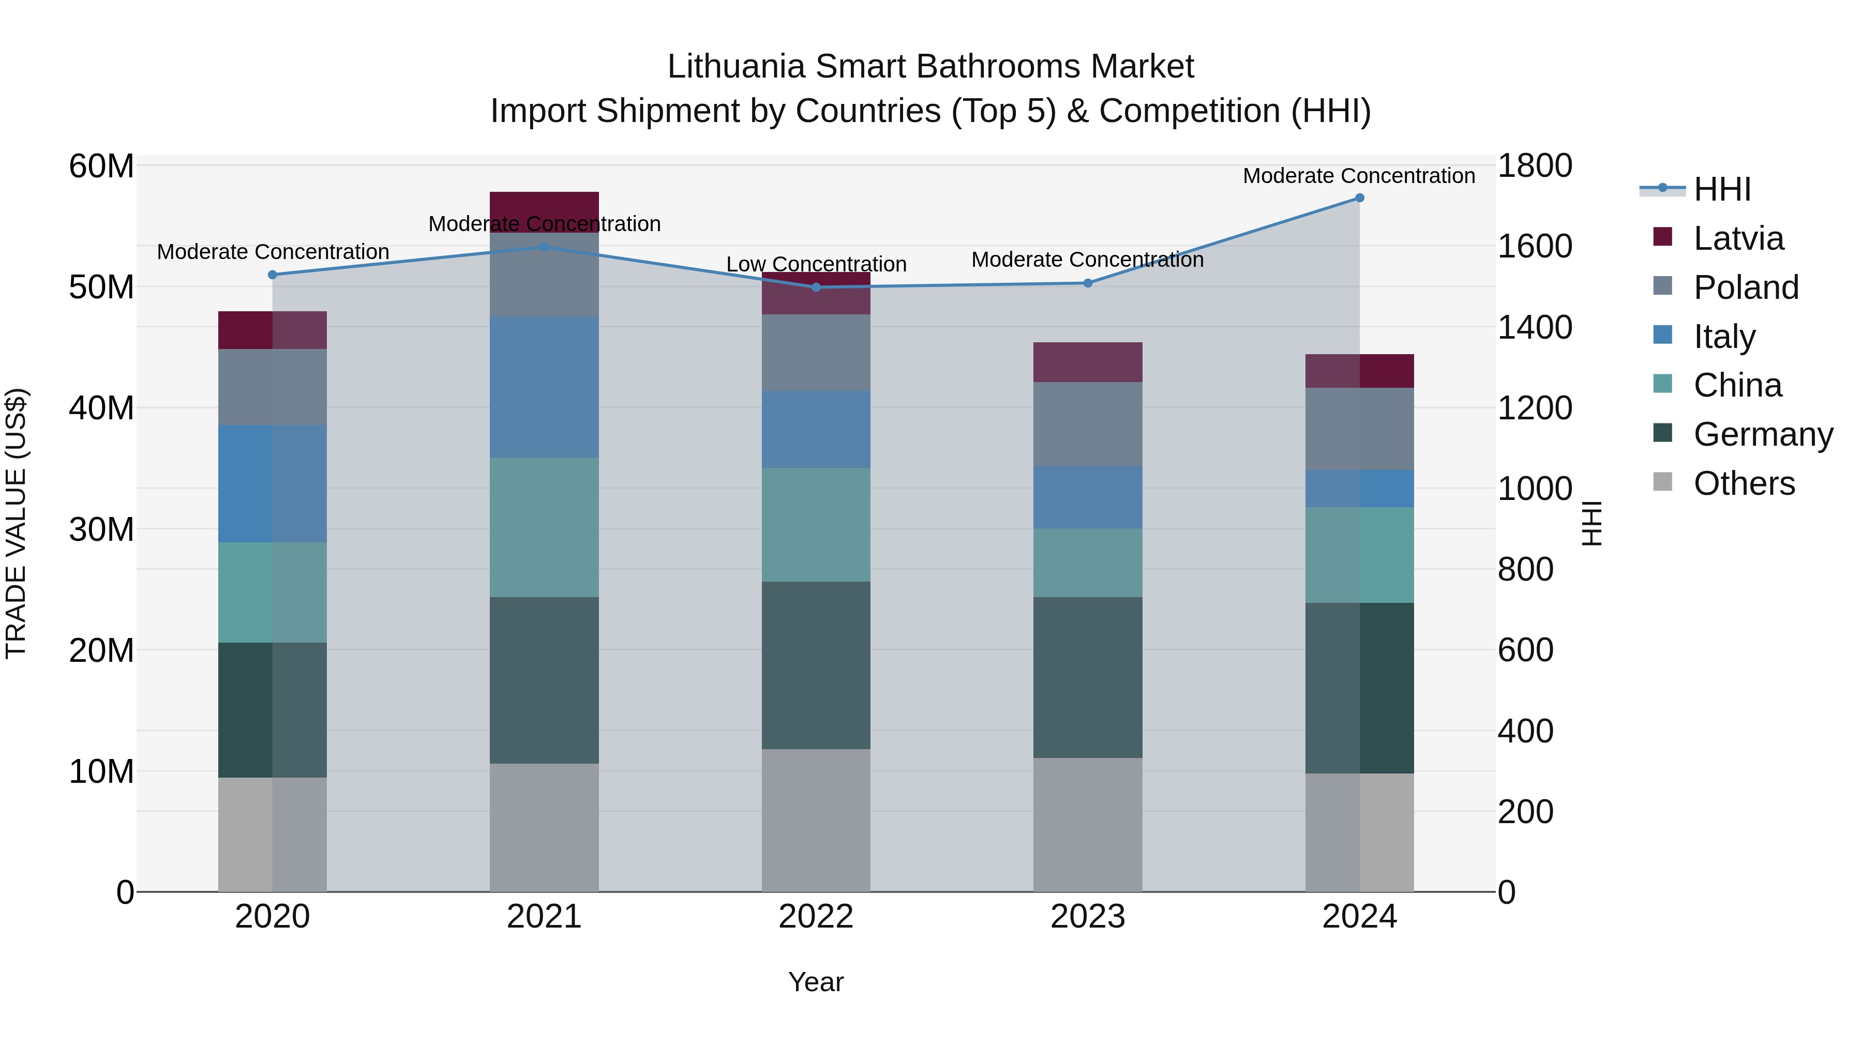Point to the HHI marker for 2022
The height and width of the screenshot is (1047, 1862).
tap(816, 287)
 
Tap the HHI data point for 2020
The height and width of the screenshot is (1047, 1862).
tap(273, 275)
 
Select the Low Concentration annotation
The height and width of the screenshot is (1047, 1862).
tap(816, 264)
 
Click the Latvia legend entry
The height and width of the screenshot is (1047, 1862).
tap(1738, 238)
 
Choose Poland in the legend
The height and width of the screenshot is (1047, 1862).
tap(1746, 287)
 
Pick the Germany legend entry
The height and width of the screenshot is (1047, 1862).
tap(1763, 434)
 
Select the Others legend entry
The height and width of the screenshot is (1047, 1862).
tap(1744, 483)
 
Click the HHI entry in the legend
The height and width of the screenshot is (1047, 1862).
tap(1722, 189)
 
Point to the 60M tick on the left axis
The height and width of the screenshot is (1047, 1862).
tap(101, 166)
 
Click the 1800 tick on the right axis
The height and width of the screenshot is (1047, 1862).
tap(1535, 165)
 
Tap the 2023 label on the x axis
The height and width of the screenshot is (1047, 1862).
tap(1087, 917)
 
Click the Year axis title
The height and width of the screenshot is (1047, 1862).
tap(816, 982)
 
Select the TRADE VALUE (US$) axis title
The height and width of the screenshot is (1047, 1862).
tap(16, 523)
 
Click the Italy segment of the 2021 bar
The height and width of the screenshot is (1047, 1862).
tap(544, 387)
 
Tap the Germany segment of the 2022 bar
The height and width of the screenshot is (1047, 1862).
tap(816, 665)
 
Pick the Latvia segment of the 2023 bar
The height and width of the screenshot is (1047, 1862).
tap(1087, 362)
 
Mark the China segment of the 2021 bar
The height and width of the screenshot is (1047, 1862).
tap(544, 527)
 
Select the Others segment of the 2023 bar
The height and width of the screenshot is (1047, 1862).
tap(1087, 825)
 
